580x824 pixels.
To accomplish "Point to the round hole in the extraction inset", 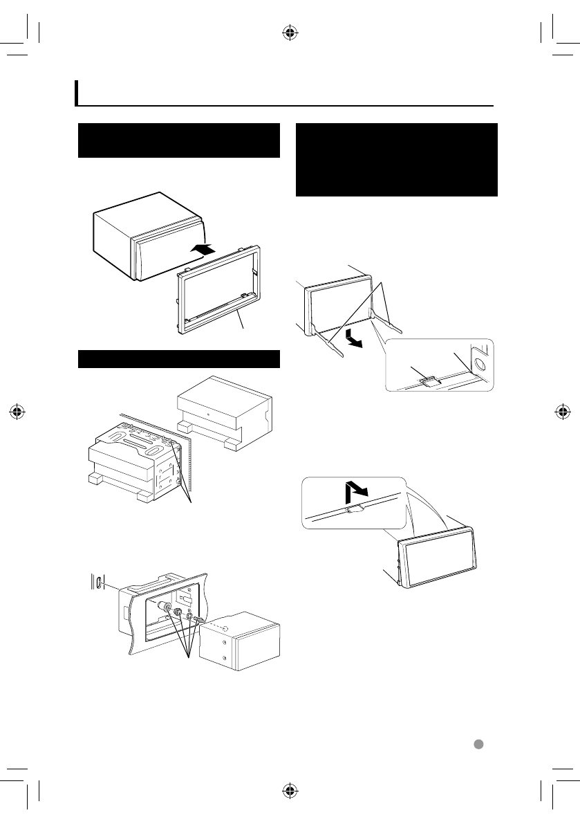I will pos(482,360).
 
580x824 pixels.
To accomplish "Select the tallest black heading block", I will pos(396,160).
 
